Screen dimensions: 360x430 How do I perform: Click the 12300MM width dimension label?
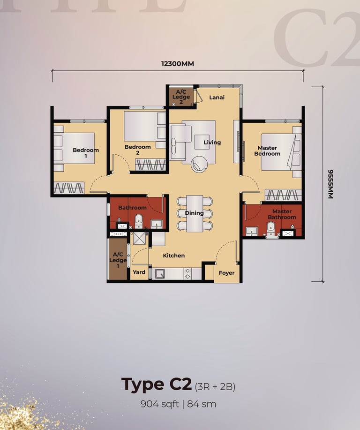click(x=177, y=64)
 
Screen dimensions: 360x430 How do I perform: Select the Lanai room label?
click(x=217, y=98)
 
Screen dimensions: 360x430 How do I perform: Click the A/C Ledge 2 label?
click(x=181, y=97)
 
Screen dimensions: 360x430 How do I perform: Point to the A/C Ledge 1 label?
click(x=118, y=260)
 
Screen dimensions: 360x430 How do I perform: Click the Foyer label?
click(x=226, y=273)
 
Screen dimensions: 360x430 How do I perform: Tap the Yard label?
click(x=139, y=272)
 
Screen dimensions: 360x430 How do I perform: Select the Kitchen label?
click(x=174, y=256)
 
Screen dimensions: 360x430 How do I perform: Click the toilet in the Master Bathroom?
click(x=271, y=229)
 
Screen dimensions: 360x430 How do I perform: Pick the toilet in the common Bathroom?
click(x=139, y=221)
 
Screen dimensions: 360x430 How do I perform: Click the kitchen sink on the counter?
click(x=160, y=274)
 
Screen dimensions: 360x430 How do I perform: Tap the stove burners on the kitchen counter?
click(x=187, y=274)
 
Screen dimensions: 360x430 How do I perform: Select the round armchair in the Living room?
click(x=199, y=164)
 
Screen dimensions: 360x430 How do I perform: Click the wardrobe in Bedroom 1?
click(x=69, y=188)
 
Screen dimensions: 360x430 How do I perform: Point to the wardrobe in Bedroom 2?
click(x=150, y=165)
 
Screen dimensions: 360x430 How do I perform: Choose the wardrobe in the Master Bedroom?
click(x=283, y=195)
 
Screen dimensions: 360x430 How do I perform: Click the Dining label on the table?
click(x=194, y=213)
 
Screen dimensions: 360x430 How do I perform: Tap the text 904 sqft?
click(x=159, y=404)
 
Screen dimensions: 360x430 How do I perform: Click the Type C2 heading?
click(x=156, y=385)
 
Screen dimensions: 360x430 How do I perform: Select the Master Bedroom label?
click(x=267, y=151)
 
